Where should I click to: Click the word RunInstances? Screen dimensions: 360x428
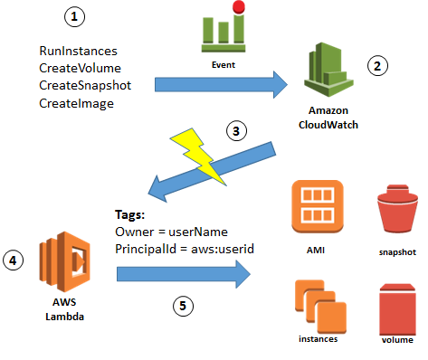81,52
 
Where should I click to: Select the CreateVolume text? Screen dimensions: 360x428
80,69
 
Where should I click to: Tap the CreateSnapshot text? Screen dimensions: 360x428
86,86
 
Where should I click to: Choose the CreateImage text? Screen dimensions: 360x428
77,103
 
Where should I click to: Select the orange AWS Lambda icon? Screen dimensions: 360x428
61,263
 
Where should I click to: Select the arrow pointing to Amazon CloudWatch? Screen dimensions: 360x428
221,84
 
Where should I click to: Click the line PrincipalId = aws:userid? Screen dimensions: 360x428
183,247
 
